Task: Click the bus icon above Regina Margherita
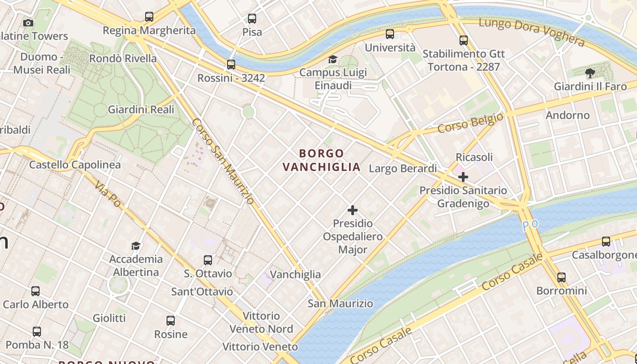point(149,17)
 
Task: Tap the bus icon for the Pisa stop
point(252,19)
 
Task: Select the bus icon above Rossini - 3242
point(231,65)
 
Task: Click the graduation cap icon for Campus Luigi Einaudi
point(333,60)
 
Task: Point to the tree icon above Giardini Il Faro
point(590,73)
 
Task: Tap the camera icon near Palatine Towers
point(28,23)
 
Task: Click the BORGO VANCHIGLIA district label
point(321,160)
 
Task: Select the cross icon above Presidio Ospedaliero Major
point(353,210)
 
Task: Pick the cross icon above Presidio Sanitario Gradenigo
point(463,177)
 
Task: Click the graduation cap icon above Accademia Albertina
point(136,246)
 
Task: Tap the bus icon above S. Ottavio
point(208,260)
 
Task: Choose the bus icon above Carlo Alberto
point(35,291)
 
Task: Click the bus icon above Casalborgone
point(606,242)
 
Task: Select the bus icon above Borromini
point(561,277)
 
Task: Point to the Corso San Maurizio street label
point(222,161)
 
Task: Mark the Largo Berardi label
point(403,169)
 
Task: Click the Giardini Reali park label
point(141,110)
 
